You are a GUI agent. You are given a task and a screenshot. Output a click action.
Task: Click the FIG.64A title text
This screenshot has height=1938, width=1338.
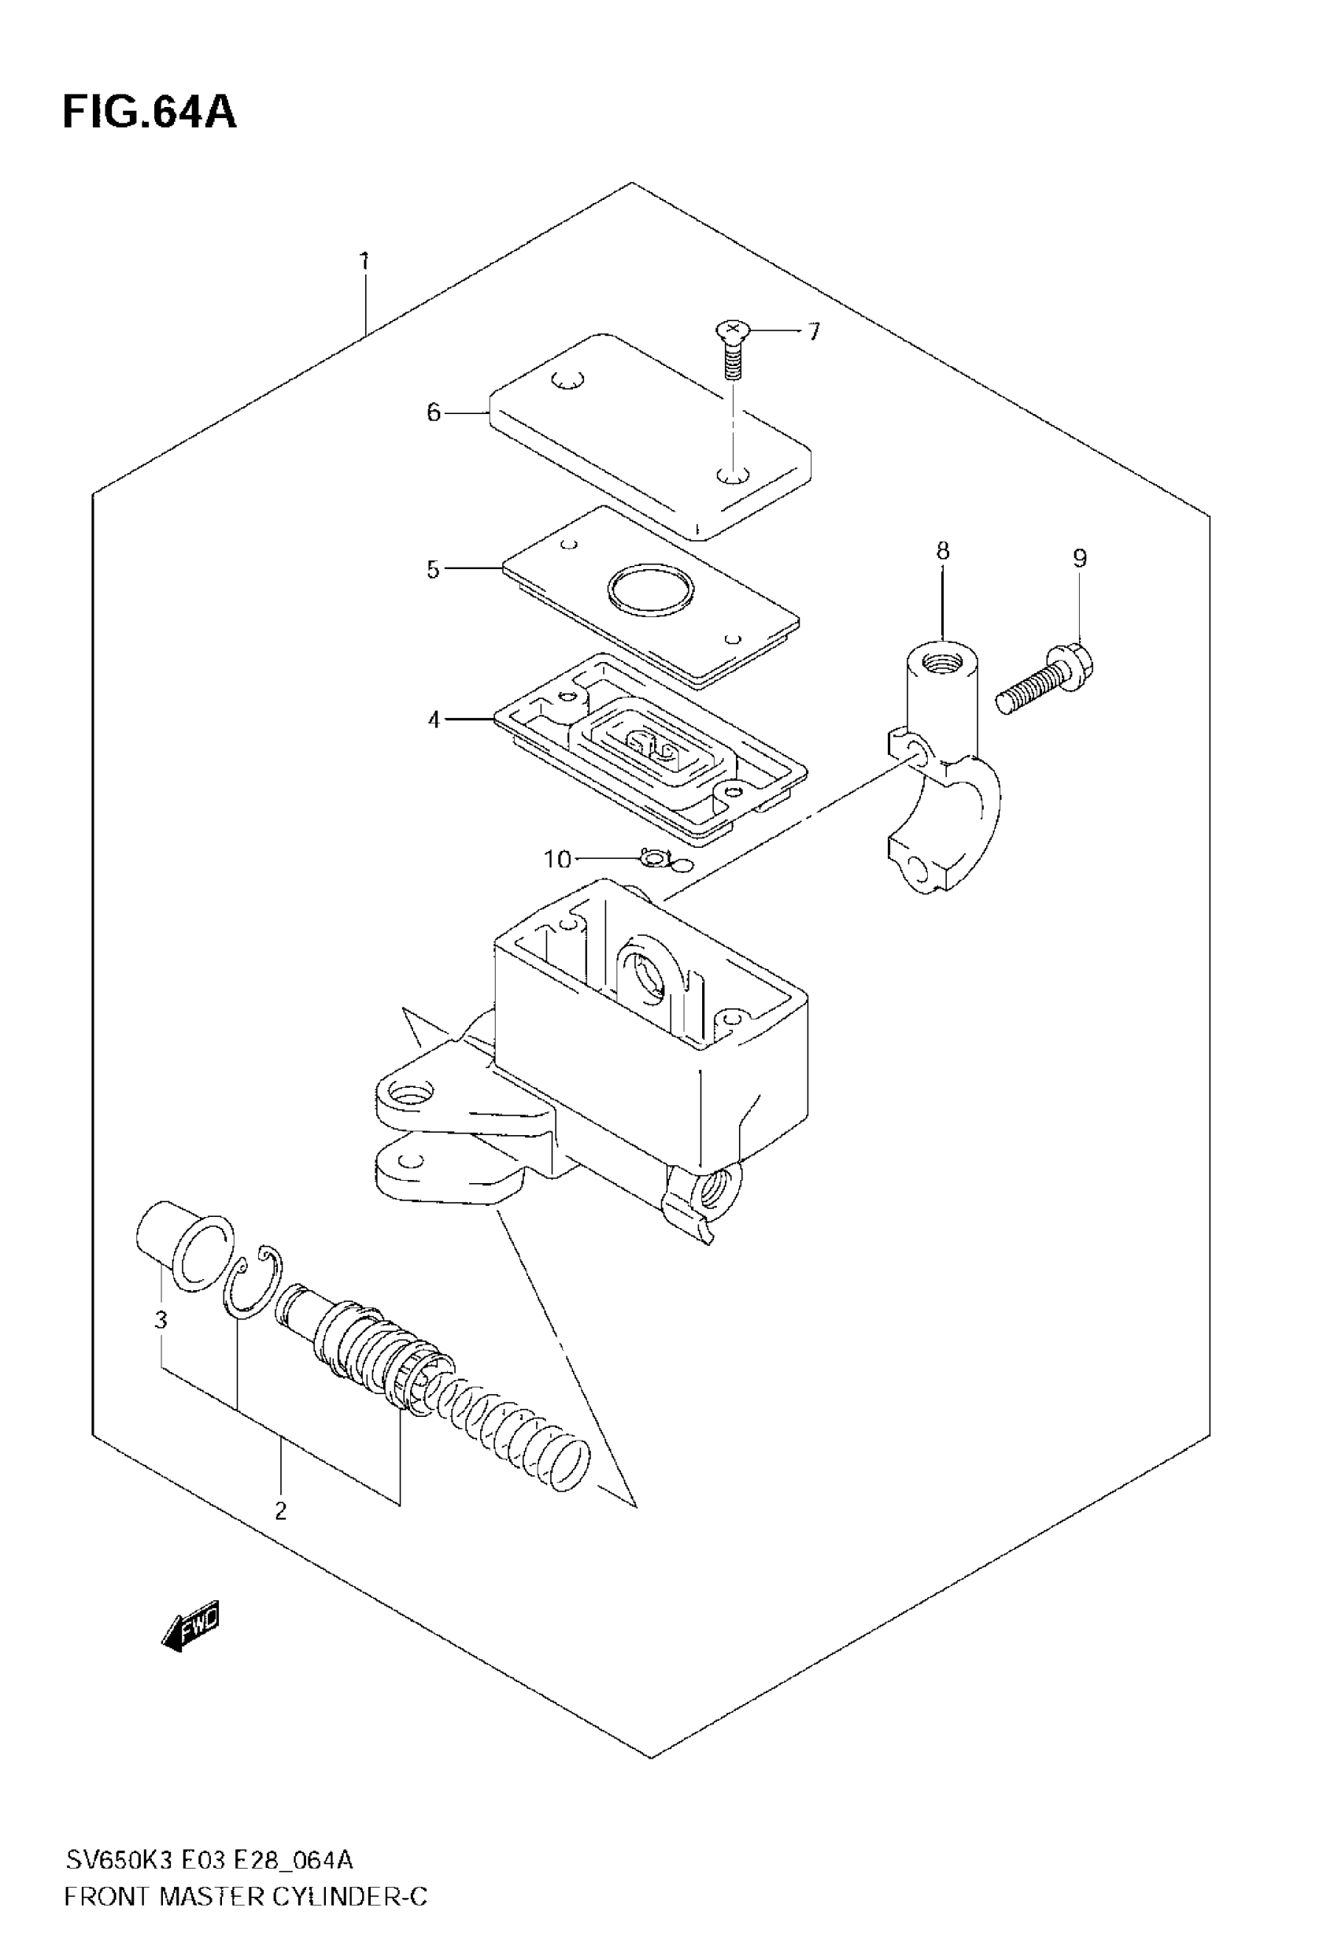(x=150, y=113)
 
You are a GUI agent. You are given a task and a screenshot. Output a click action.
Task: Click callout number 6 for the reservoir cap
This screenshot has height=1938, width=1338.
(x=433, y=412)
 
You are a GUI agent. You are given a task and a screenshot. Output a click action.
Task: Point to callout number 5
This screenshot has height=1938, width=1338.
(x=433, y=570)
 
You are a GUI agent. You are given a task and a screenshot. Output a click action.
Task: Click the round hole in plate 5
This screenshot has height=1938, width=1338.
(x=652, y=590)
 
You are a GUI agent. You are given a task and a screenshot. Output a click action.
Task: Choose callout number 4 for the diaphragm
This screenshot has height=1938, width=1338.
(x=434, y=719)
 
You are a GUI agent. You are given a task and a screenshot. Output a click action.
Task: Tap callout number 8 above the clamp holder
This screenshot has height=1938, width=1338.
(x=943, y=551)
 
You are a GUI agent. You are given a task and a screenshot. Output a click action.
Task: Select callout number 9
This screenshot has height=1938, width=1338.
(x=1080, y=558)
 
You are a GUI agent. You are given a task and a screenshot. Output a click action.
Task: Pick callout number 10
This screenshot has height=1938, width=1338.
(x=557, y=860)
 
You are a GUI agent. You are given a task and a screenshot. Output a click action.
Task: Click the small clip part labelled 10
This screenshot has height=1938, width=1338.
(x=653, y=858)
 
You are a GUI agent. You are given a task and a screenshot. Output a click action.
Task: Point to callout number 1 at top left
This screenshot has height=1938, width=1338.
(x=364, y=261)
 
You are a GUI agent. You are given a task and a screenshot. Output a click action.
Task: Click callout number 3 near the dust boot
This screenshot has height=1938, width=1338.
(x=161, y=1319)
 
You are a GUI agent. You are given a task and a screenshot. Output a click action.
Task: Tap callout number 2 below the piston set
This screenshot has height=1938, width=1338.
(x=280, y=1511)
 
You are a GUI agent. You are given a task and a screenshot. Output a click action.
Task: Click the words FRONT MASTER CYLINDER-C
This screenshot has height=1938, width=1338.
(x=246, y=1896)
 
